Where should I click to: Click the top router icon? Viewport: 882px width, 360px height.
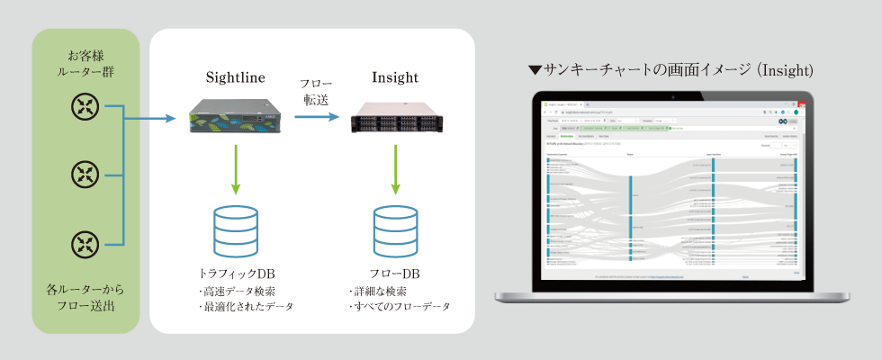(x=85, y=106)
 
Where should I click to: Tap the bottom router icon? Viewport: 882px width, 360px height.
(x=85, y=242)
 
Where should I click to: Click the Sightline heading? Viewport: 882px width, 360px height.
(x=234, y=77)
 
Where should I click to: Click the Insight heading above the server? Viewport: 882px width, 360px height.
(x=394, y=77)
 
